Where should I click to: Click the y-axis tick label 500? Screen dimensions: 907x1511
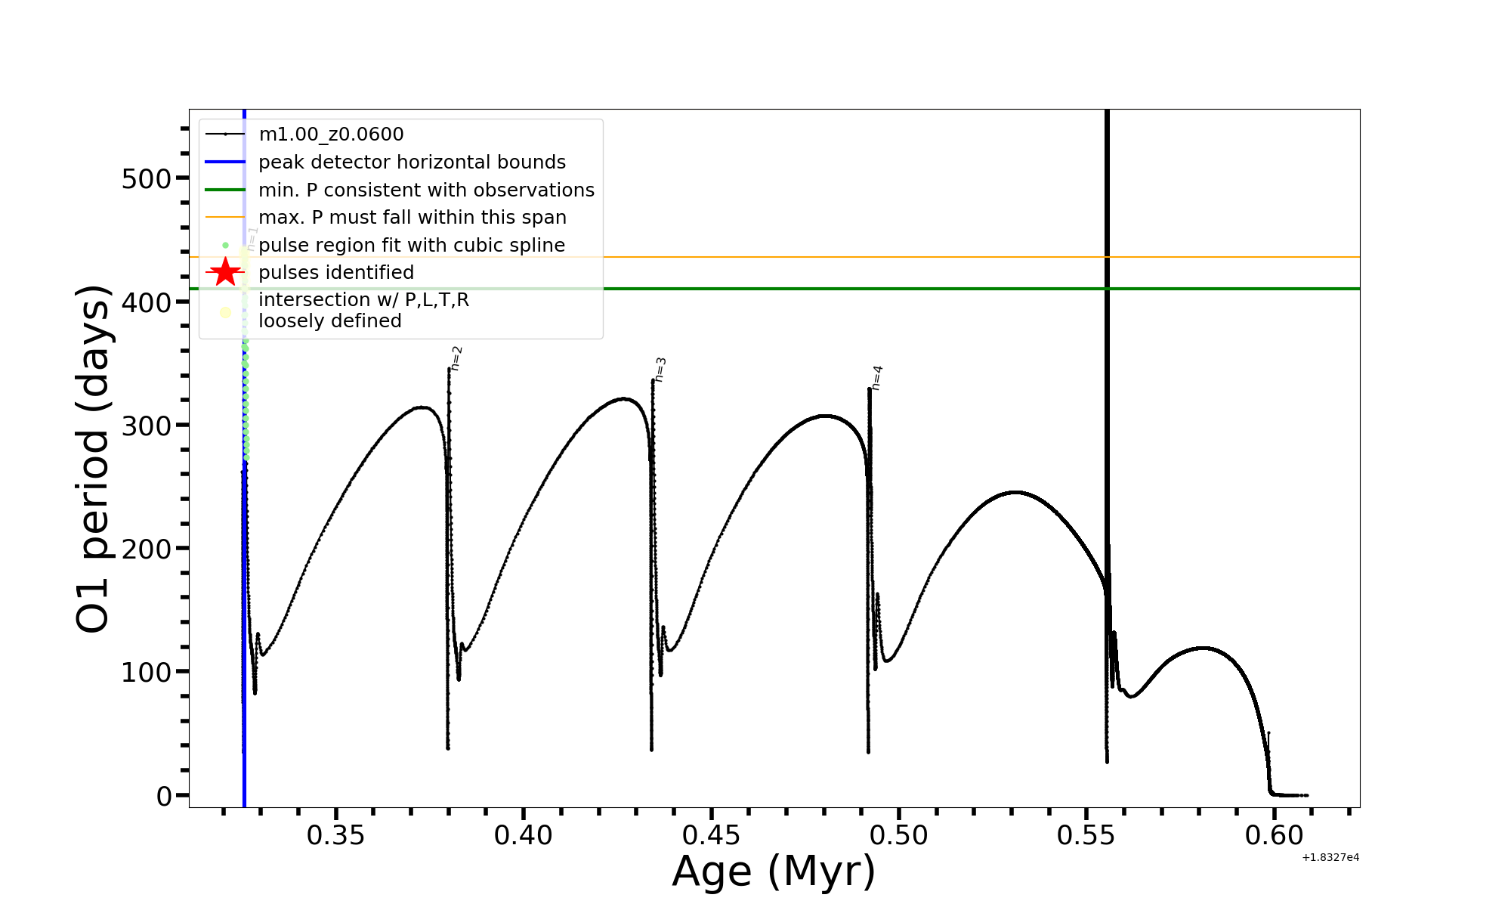(x=147, y=180)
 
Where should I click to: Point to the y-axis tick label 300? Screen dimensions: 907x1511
(x=147, y=426)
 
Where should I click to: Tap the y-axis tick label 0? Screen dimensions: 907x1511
(x=164, y=796)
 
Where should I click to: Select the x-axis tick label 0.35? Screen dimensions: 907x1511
(x=335, y=836)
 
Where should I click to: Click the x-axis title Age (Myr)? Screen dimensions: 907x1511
(x=774, y=871)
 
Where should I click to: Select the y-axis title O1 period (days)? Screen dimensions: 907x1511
(x=94, y=459)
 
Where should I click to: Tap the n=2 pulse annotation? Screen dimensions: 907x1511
(x=456, y=358)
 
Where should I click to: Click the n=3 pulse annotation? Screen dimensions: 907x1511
(x=660, y=370)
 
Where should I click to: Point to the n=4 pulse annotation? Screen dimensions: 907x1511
(x=877, y=378)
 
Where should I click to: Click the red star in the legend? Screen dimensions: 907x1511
(x=225, y=272)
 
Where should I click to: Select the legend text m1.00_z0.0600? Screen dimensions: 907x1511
(x=331, y=135)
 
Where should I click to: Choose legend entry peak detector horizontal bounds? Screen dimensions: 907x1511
(x=412, y=163)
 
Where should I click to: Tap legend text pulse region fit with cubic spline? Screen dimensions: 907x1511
(x=412, y=246)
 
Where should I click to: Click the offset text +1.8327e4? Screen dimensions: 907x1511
(x=1330, y=858)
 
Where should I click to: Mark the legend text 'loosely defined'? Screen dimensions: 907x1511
(x=330, y=321)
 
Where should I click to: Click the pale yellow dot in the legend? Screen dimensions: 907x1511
(x=225, y=312)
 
